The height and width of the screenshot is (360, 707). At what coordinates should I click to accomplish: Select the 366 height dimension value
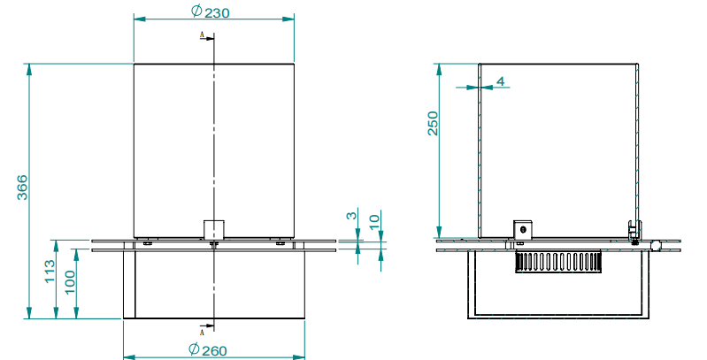coord(23,188)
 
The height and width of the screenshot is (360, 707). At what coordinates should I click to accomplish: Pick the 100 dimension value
coord(70,283)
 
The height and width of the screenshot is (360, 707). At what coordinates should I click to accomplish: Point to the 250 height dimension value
coord(433,124)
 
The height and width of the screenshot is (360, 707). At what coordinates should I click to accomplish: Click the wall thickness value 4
coord(501,81)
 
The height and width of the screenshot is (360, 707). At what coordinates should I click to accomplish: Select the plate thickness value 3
coord(351,216)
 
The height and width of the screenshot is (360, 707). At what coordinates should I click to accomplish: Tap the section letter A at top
coord(203,35)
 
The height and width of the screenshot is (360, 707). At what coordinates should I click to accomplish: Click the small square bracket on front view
coord(213,229)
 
